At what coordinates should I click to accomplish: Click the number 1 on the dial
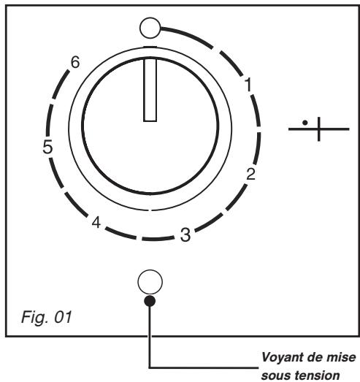248,84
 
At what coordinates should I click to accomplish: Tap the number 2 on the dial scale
251,174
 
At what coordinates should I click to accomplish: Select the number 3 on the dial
185,235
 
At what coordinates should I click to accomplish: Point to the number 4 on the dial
96,222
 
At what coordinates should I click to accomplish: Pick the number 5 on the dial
47,147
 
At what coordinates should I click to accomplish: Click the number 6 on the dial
75,62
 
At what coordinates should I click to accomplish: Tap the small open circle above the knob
150,28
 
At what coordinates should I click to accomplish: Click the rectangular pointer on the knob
150,90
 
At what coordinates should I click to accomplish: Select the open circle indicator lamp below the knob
150,282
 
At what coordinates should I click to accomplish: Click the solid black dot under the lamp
150,301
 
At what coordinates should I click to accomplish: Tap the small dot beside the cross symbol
305,123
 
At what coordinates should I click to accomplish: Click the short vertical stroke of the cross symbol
319,129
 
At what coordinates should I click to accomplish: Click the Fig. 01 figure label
46,317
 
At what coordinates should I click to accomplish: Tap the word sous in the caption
273,375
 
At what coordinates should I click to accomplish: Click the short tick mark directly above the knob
150,47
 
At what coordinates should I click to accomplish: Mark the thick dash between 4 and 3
120,233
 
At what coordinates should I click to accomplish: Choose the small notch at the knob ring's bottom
150,210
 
